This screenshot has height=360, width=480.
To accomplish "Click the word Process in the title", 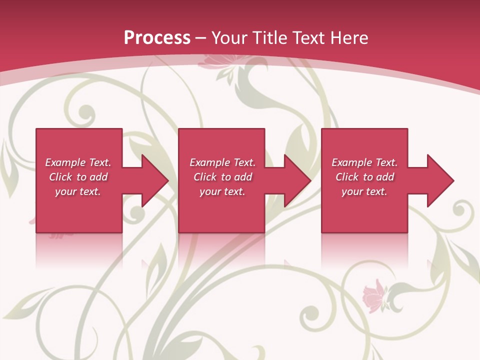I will click(x=157, y=37).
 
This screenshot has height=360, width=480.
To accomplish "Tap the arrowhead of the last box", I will click(x=439, y=180).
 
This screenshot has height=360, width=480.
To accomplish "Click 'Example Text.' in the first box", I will click(x=78, y=162).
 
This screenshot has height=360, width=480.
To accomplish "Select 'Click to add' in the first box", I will click(x=78, y=177).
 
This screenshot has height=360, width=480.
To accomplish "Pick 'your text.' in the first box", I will click(x=78, y=191).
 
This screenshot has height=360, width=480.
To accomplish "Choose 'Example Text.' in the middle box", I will click(x=222, y=162).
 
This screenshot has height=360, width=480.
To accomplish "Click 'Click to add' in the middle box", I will click(x=222, y=177).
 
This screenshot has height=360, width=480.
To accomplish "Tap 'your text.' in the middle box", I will click(x=222, y=191).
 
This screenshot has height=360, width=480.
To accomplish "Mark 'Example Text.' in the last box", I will click(x=364, y=162).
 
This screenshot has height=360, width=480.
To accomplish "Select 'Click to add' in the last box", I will click(x=364, y=177).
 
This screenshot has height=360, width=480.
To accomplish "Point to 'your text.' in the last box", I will click(x=364, y=191).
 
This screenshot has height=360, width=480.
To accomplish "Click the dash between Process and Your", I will click(x=201, y=38).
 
